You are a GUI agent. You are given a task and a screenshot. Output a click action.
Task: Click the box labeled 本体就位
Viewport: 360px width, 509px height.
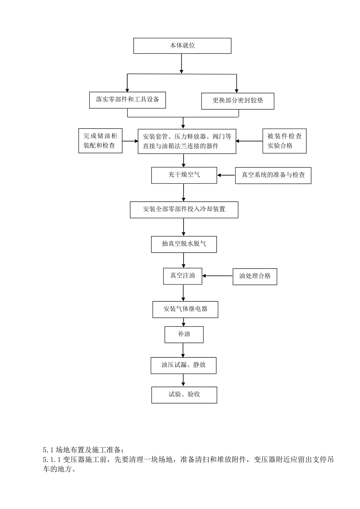(182, 46)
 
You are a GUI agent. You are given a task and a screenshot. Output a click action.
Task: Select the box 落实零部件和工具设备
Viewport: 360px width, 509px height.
(128, 100)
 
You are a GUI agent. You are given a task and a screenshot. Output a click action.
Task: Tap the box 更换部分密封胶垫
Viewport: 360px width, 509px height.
(238, 100)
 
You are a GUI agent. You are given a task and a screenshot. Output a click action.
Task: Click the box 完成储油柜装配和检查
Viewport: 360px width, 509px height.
(101, 141)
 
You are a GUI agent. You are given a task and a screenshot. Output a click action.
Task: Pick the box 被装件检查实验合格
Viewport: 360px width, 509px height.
(284, 141)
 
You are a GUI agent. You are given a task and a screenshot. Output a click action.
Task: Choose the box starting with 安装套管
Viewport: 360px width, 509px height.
(187, 141)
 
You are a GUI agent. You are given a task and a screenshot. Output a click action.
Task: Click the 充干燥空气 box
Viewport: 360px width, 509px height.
(184, 175)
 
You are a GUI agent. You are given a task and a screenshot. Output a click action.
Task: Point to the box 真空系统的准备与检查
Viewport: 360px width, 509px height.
(273, 175)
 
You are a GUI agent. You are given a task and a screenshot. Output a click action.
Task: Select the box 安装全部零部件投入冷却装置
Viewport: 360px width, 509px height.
(184, 210)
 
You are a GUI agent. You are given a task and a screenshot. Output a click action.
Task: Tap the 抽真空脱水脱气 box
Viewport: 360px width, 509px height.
(184, 244)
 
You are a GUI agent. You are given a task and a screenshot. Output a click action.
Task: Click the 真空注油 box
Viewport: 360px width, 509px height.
(182, 276)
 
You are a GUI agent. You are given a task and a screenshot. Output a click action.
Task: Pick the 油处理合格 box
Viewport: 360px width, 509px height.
(255, 276)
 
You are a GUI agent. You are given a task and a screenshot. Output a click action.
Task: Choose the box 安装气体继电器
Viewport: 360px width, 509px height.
(185, 309)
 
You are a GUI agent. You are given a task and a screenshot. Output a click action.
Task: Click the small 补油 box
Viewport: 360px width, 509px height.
(184, 334)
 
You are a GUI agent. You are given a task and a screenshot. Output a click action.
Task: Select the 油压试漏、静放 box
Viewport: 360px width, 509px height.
(184, 365)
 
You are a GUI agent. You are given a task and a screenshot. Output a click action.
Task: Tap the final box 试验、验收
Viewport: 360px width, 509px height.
(184, 394)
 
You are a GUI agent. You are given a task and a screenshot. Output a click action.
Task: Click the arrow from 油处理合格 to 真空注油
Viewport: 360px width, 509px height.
(217, 276)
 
